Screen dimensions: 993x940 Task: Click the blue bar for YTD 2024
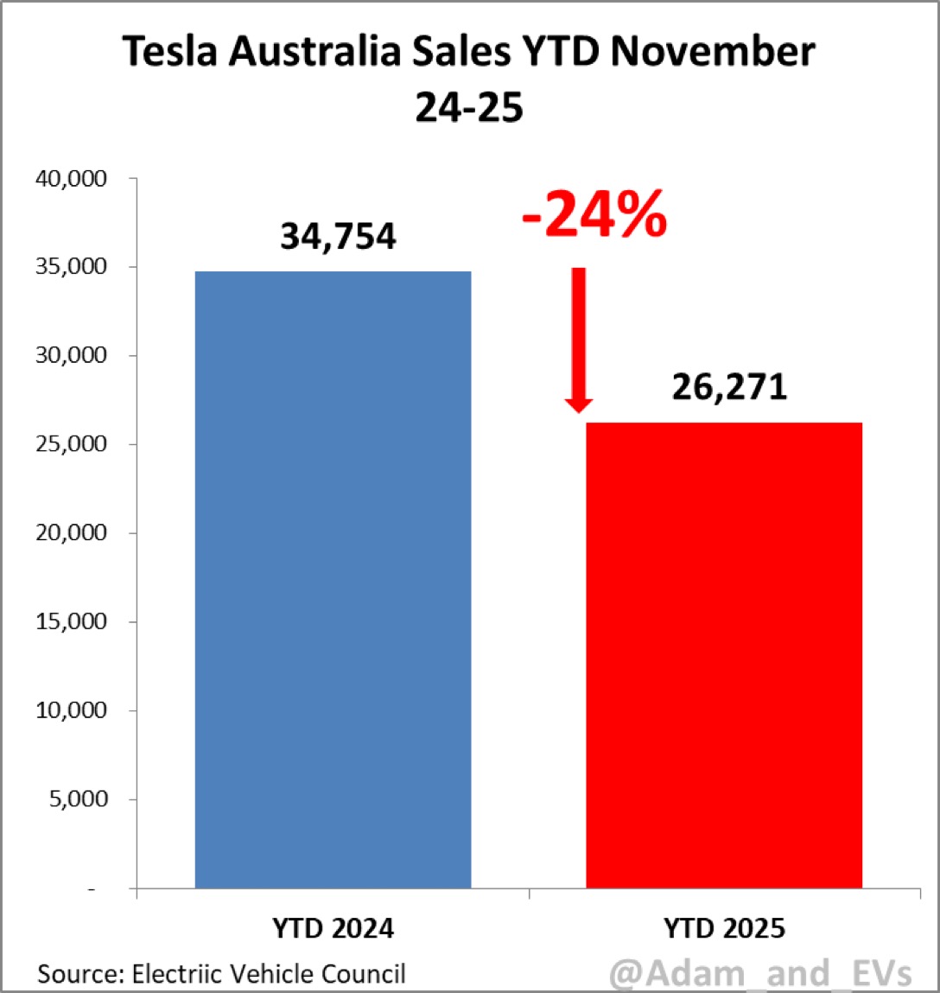pyautogui.click(x=333, y=579)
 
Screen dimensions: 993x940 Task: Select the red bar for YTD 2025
pyautogui.click(x=724, y=655)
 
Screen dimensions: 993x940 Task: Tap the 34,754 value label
pyautogui.click(x=338, y=236)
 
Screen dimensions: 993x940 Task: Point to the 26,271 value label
pyautogui.click(x=729, y=386)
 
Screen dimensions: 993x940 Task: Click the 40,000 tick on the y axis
pyautogui.click(x=71, y=179)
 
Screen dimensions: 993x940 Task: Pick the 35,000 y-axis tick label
pyautogui.click(x=71, y=266)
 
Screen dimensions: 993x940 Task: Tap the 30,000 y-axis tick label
pyautogui.click(x=71, y=355)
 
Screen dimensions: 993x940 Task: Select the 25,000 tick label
pyautogui.click(x=71, y=444)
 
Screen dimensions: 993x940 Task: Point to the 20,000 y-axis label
pyautogui.click(x=71, y=533)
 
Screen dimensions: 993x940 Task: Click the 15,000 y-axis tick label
pyautogui.click(x=71, y=621)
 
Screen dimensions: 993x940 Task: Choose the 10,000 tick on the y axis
pyautogui.click(x=71, y=710)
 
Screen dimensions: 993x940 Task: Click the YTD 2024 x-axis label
pyautogui.click(x=333, y=929)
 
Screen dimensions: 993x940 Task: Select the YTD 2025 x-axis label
pyautogui.click(x=724, y=929)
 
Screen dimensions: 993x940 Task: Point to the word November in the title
pyautogui.click(x=712, y=52)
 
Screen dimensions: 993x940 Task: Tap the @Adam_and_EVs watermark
pyautogui.click(x=760, y=974)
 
